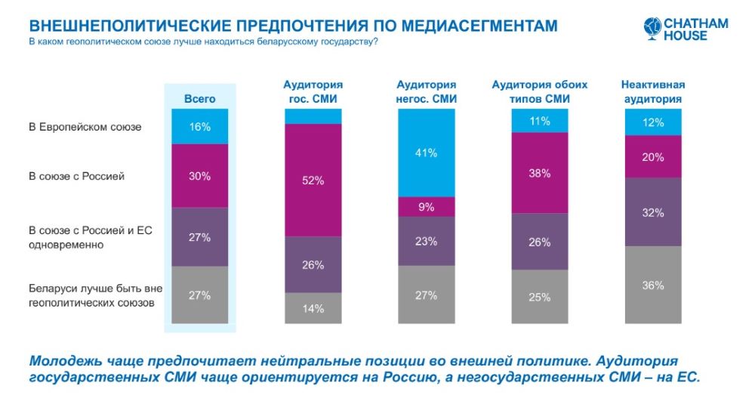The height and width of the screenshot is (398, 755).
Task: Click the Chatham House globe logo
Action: pos(652,28)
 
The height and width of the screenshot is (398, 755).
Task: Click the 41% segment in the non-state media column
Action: pos(427,153)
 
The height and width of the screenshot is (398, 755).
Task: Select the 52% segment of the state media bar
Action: pos(313,180)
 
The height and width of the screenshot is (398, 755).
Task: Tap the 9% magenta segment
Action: pos(427,206)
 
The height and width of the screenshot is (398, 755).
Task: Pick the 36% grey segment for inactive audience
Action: pos(653,285)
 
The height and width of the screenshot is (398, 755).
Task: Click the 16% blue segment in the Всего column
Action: pos(200,127)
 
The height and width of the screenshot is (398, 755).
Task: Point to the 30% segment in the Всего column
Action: pos(200,176)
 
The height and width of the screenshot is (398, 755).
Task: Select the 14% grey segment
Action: pos(313,308)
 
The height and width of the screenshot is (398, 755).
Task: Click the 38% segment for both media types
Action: pos(540,173)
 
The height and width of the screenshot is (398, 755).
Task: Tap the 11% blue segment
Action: pos(540,121)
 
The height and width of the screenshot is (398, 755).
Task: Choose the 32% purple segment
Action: pos(653,212)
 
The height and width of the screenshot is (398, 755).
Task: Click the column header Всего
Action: pos(200,99)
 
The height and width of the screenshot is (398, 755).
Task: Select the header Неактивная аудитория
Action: pos(652,91)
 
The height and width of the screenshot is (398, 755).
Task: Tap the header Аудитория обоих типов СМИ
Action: pos(540,91)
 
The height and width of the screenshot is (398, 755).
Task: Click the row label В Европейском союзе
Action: pos(85,127)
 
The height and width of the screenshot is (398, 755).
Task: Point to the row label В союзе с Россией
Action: pos(76,176)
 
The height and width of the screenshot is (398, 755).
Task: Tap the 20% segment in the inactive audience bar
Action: pos(653,157)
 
